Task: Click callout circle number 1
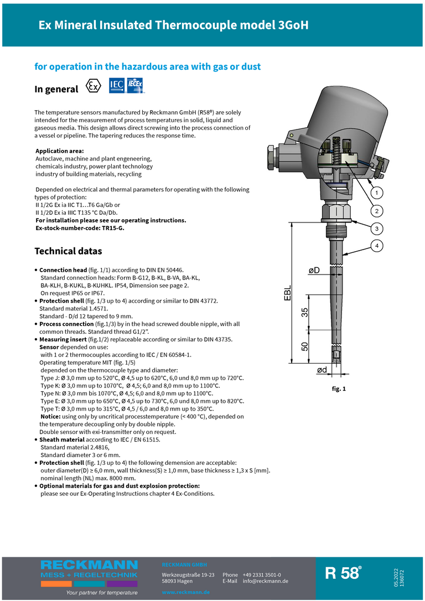pos(376,193)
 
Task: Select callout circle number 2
pos(376,211)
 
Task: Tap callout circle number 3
pos(376,228)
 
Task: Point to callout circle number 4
pos(376,245)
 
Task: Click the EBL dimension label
pos(288,293)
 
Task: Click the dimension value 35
pos(305,312)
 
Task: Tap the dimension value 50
pos(305,346)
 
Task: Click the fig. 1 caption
pos(339,389)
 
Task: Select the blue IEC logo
pos(117,85)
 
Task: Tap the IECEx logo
pos(136,85)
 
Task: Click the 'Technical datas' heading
pos(68,251)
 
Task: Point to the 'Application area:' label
pos(60,151)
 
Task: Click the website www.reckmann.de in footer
pos(186,592)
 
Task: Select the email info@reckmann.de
pos(265,581)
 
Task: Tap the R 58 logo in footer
pos(343,573)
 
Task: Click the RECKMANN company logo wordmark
pos(89,565)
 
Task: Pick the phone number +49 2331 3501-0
pos(261,574)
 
